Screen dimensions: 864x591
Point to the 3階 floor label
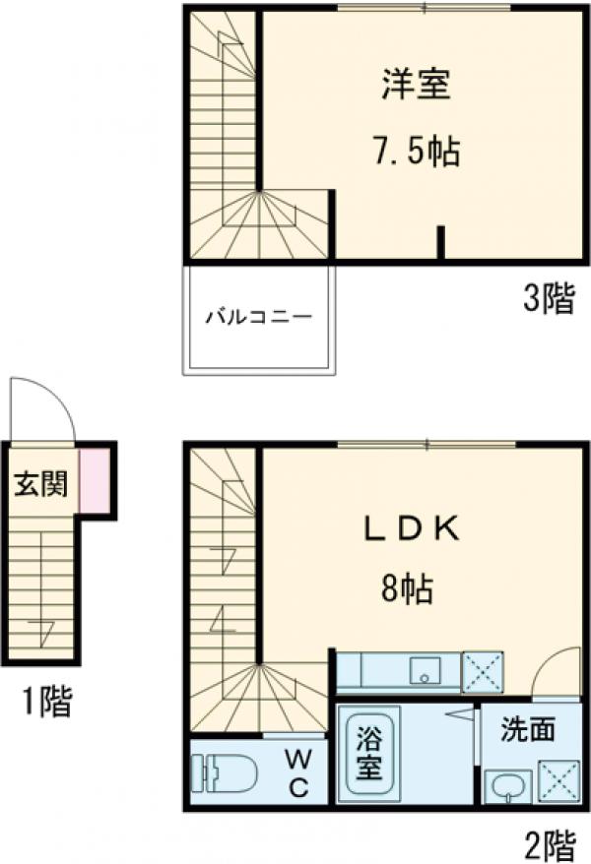point(548,299)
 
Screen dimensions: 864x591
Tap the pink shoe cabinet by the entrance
point(95,479)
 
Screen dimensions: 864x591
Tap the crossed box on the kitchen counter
point(483,672)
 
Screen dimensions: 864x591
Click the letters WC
point(298,772)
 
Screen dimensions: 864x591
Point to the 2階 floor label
point(548,843)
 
